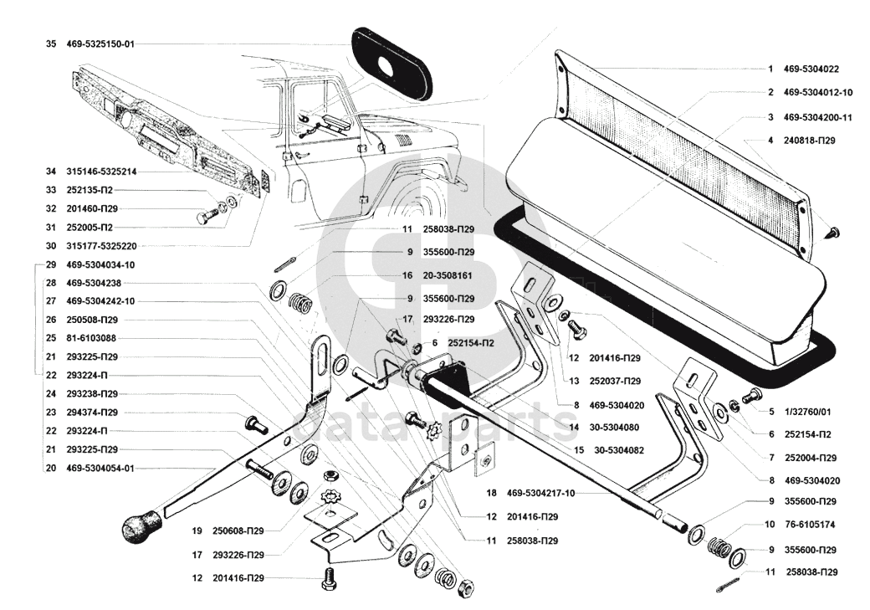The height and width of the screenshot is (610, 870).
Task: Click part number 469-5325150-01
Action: [100, 44]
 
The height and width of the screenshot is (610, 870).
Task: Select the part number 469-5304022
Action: [811, 69]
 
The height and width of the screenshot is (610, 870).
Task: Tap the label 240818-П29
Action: [809, 141]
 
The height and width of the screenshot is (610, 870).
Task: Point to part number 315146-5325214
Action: [101, 172]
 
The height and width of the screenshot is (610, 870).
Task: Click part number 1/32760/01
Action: [807, 412]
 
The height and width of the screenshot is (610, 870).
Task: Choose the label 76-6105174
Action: [809, 525]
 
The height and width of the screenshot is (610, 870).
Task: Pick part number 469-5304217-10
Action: [540, 493]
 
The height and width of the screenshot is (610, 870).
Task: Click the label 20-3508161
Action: [448, 275]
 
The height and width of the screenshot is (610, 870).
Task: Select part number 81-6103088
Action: [91, 338]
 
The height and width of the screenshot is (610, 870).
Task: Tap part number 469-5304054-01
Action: [100, 468]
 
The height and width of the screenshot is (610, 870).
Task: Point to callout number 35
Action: [51, 44]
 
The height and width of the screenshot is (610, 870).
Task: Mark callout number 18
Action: [492, 493]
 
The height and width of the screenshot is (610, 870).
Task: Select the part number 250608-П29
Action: [238, 531]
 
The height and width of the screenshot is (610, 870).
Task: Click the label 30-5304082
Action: [619, 450]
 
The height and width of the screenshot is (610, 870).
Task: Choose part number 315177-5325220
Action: [101, 246]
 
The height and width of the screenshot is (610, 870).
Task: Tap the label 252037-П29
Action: [615, 381]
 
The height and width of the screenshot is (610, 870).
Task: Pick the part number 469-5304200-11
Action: [817, 117]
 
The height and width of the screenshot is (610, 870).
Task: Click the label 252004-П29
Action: [810, 458]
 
